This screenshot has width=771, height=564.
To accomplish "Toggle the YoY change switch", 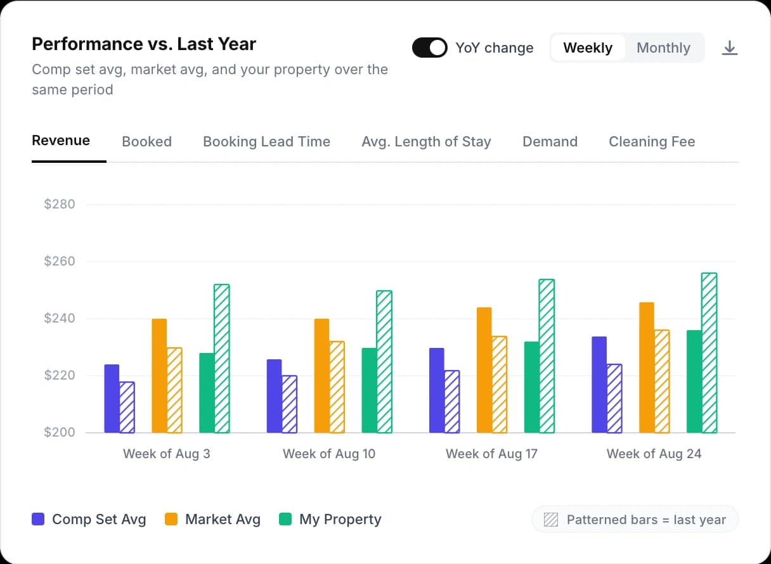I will point(430,48).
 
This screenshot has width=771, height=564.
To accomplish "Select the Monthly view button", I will point(663,48).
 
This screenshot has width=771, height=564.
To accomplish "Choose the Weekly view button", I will point(588,48).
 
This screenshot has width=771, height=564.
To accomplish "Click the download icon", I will point(730,48).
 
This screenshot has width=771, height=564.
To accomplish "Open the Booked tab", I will point(146,142).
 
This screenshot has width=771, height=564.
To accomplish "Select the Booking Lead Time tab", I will point(266,142).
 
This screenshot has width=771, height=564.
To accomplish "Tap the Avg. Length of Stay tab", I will point(426,142).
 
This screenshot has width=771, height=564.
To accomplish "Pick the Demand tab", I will point(550,142).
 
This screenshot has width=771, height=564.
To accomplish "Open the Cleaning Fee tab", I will point(652,142).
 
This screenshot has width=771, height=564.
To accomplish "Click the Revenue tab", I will point(61,141).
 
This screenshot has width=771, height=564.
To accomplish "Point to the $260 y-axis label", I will point(60,262).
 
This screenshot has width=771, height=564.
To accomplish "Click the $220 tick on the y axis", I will point(60,376).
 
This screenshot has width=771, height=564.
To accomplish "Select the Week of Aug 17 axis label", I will point(491,454).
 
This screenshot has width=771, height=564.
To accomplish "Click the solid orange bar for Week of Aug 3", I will point(159,376).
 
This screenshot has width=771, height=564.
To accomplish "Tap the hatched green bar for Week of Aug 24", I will point(709,353).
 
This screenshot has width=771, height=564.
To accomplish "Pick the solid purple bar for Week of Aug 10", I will point(274,396).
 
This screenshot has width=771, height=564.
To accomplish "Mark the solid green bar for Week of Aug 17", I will point(531,387).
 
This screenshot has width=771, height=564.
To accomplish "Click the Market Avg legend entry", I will point(213,520).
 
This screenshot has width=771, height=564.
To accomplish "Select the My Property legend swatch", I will point(285,520).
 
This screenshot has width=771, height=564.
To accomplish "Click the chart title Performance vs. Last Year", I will point(144,44).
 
